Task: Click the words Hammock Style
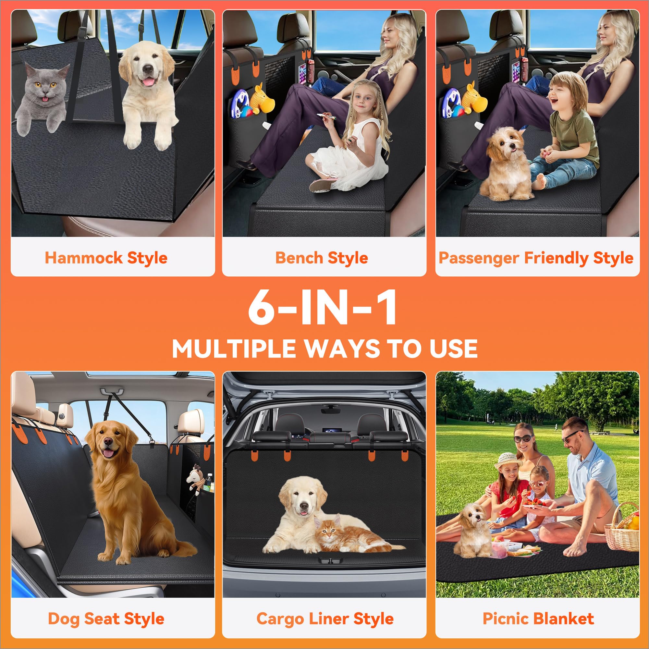pyautogui.click(x=106, y=258)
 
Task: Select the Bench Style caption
pyautogui.click(x=322, y=258)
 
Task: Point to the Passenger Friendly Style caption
pyautogui.click(x=536, y=258)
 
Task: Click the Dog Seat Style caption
pyautogui.click(x=106, y=619)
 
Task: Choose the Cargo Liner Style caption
pyautogui.click(x=325, y=619)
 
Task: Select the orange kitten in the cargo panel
pyautogui.click(x=339, y=534)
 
